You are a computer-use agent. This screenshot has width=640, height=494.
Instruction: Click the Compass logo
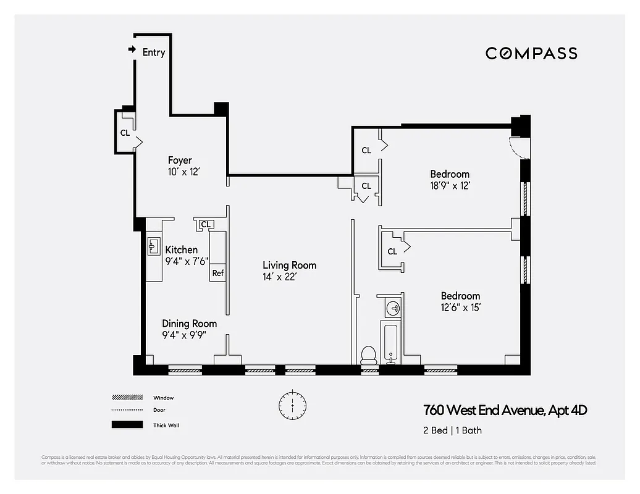coord(531,53)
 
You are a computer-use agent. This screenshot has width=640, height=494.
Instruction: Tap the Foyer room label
coord(179,161)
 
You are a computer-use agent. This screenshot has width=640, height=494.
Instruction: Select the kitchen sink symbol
coord(154,248)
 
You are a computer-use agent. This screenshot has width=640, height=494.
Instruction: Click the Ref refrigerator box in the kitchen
coord(218,272)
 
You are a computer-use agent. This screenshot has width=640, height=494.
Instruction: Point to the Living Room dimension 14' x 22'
coord(279,277)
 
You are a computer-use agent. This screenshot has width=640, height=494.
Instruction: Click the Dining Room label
coord(189,324)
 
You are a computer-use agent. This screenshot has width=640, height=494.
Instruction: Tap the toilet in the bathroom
coord(368,354)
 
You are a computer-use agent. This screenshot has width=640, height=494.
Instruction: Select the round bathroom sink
coord(392,307)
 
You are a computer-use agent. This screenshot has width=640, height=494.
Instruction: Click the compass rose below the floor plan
coord(292,404)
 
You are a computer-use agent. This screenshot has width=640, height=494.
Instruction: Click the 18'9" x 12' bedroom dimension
coord(450,185)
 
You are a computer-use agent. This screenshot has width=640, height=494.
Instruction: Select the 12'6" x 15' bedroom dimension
coord(460,307)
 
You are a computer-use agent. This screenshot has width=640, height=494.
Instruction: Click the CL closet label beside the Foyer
coord(125,132)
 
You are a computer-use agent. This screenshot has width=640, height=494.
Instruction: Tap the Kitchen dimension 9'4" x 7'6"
coord(187,261)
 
